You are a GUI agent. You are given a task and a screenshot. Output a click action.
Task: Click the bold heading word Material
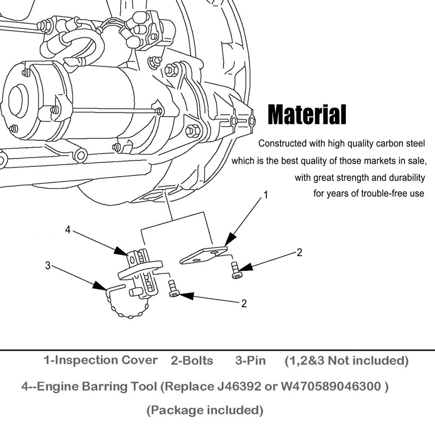click(307, 114)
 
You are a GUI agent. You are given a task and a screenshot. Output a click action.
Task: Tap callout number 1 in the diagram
click(265, 195)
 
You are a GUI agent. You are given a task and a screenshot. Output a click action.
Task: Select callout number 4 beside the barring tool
click(67, 229)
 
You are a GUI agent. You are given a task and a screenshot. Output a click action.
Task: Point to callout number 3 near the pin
click(48, 265)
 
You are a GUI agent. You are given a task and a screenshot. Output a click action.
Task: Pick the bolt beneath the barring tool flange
click(173, 288)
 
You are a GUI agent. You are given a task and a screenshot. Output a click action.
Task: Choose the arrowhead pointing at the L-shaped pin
click(100, 286)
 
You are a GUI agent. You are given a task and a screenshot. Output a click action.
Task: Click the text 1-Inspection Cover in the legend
click(101, 361)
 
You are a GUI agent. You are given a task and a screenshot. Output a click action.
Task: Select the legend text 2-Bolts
click(192, 361)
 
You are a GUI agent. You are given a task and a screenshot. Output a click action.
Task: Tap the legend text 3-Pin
click(251, 361)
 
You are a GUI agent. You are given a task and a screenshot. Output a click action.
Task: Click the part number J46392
click(239, 386)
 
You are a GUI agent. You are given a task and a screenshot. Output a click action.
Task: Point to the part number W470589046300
click(331, 386)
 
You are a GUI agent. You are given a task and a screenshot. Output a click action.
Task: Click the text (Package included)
click(205, 411)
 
